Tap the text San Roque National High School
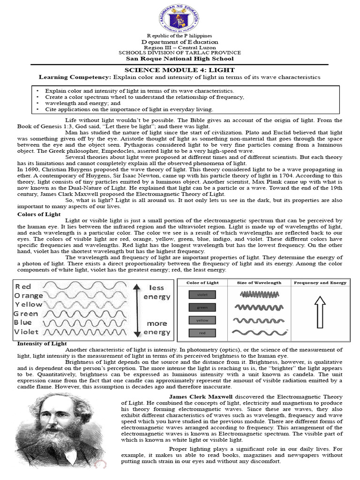(180, 59)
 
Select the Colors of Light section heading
(39, 214)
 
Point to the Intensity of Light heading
(42, 344)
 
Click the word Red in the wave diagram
(23, 286)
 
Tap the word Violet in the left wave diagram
(27, 332)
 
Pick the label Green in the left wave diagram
(26, 314)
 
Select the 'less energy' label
(157, 292)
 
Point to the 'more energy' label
(157, 328)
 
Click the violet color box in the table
(202, 295)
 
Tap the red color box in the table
(202, 333)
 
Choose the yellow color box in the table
(202, 320)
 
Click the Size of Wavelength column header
(260, 283)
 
